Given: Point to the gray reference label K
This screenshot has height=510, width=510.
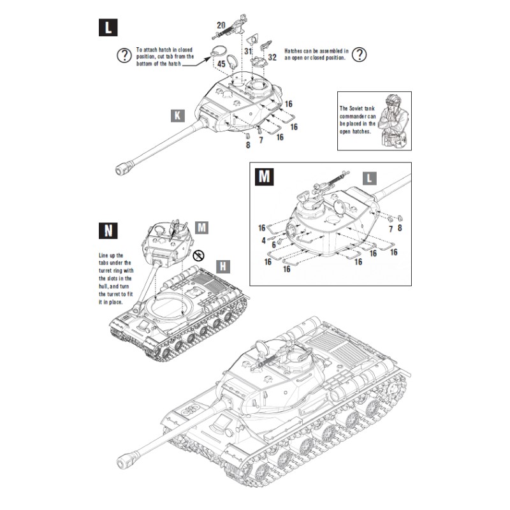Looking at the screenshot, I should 178,115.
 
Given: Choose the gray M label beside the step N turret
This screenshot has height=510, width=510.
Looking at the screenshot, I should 202,227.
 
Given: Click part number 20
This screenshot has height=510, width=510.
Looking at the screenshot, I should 221,25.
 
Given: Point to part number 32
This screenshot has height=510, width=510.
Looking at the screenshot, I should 272,57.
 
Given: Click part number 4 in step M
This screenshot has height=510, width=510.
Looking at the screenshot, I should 263,240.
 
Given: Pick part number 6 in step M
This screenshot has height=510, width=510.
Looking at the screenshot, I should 273,244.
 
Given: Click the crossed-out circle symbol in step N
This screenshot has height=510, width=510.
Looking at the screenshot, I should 200,256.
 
